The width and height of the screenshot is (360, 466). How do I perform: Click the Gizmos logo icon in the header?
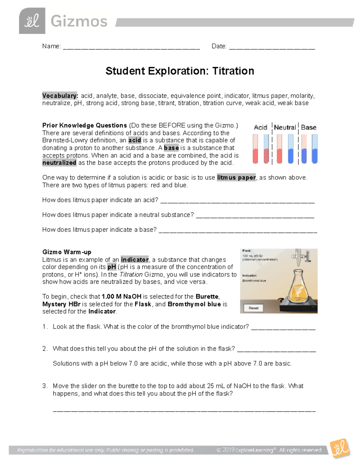(x=32, y=21)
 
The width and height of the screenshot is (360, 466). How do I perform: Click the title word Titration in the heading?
(x=233, y=71)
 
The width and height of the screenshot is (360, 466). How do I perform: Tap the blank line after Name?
(x=131, y=47)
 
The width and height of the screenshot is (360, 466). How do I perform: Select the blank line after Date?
(x=272, y=47)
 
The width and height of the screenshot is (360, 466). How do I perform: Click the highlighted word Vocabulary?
(x=60, y=96)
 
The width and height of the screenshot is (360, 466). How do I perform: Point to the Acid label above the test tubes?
(x=260, y=128)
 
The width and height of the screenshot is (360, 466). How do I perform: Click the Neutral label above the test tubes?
(x=285, y=128)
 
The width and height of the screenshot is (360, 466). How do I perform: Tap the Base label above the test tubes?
(x=308, y=128)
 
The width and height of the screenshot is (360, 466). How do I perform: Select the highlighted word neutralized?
(x=59, y=163)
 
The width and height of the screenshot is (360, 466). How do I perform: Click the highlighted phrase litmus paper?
(x=236, y=178)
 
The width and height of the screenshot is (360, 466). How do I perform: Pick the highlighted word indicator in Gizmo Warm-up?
(x=135, y=260)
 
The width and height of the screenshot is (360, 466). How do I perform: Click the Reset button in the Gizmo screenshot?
(x=253, y=308)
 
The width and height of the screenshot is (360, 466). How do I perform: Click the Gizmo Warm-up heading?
(x=67, y=252)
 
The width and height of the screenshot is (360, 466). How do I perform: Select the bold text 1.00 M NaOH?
(x=121, y=297)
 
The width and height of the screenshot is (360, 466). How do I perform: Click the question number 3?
(x=45, y=386)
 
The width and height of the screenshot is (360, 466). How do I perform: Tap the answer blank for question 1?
(x=283, y=327)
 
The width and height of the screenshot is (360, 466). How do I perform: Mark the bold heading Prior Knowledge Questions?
(x=85, y=125)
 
